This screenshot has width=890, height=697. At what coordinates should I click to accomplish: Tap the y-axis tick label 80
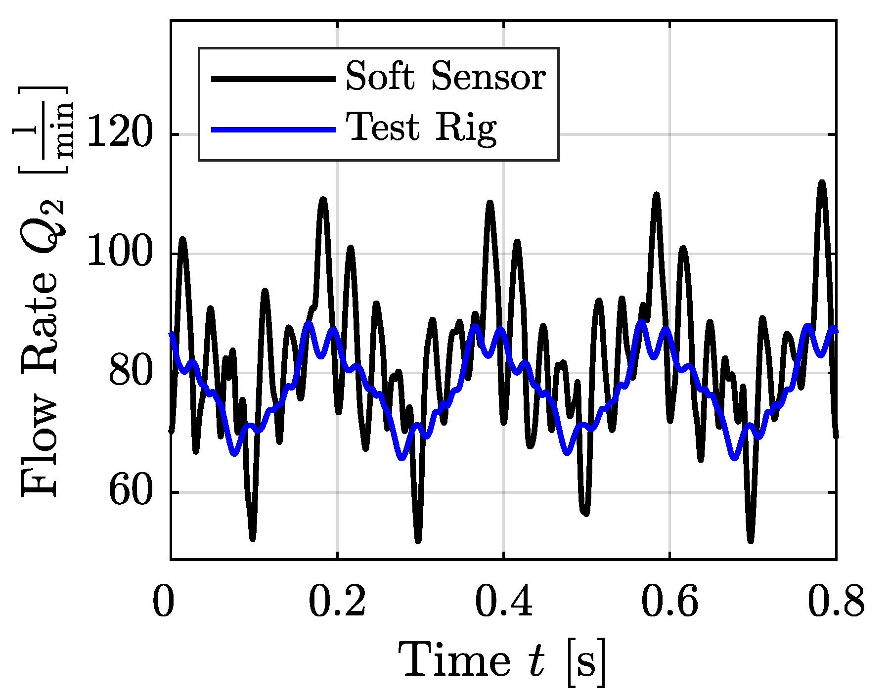tap(130, 373)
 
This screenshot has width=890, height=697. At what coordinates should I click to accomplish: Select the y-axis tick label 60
tap(130, 492)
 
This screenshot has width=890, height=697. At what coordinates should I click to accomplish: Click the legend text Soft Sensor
tap(445, 77)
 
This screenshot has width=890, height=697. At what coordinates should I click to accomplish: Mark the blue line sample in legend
tap(273, 130)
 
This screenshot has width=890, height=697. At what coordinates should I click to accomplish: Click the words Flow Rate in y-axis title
tap(40, 376)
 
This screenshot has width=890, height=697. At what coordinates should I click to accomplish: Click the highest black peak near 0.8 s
tap(821, 183)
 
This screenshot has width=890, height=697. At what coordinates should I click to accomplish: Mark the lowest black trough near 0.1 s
tap(253, 538)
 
